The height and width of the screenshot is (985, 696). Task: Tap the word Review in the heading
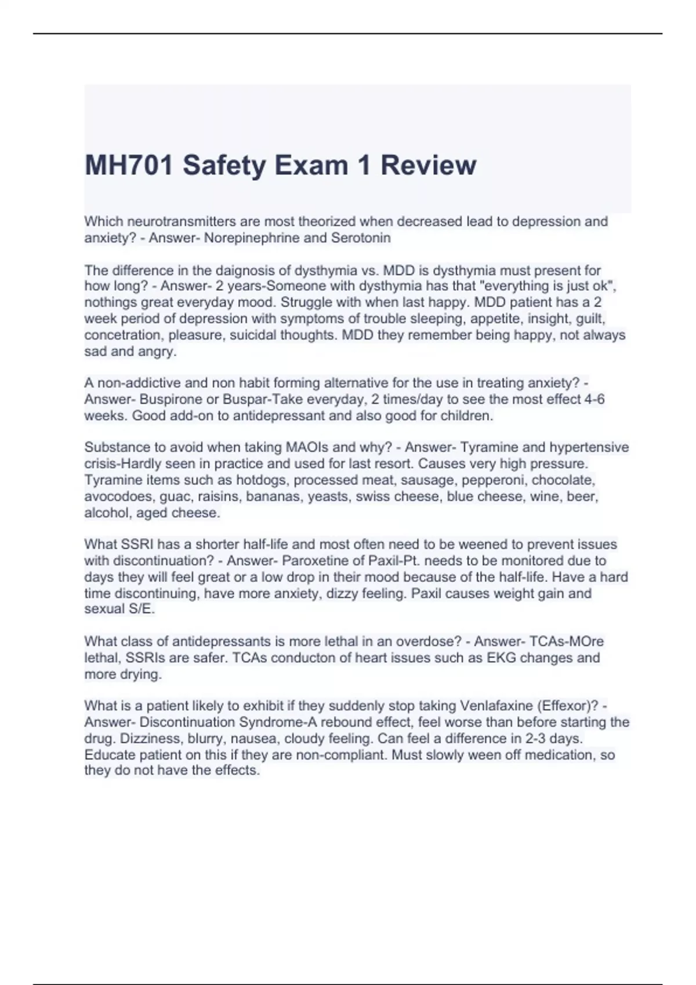428,165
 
